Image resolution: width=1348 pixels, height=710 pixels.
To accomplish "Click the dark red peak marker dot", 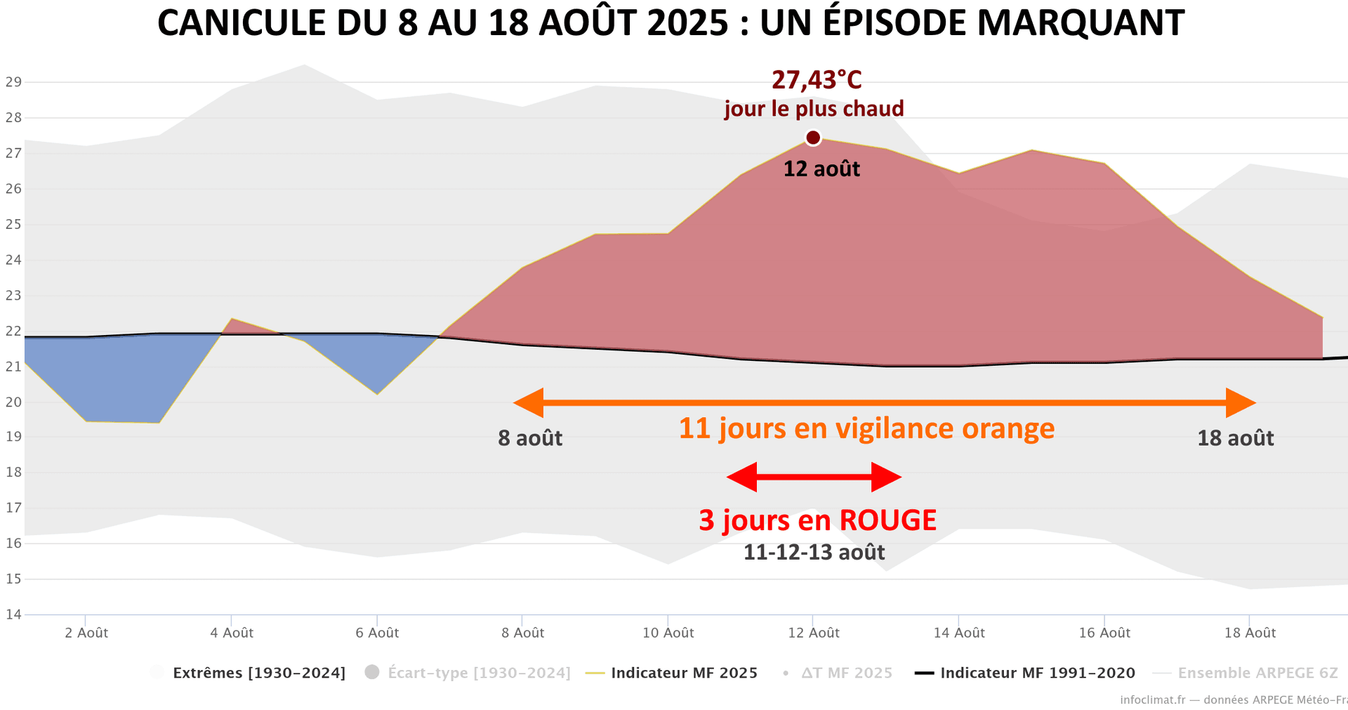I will click(813, 138).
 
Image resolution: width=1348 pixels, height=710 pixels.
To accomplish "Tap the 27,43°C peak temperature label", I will click(817, 81).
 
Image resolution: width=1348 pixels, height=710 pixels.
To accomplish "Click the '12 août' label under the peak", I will click(821, 169).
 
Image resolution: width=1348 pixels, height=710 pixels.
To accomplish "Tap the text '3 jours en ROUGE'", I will click(817, 520).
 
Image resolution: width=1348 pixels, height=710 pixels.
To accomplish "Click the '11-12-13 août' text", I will click(814, 553).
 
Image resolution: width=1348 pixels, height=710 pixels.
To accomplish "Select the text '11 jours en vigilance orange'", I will click(866, 428).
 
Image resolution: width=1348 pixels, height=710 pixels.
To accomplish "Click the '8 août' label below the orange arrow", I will click(530, 438).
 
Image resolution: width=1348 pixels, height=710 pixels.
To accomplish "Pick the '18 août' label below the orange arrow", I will click(1235, 438).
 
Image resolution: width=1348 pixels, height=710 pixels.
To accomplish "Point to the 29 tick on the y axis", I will click(13, 82).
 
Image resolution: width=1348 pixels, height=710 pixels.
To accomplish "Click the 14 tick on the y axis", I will click(13, 614).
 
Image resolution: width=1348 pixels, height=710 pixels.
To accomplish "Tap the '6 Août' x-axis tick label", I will click(377, 633).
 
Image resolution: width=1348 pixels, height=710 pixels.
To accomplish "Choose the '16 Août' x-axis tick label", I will click(1104, 633).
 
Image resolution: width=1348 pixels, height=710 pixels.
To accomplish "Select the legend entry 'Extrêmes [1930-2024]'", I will click(258, 673).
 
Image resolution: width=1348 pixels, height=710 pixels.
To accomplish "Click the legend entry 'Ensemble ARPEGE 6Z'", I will click(1257, 673).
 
